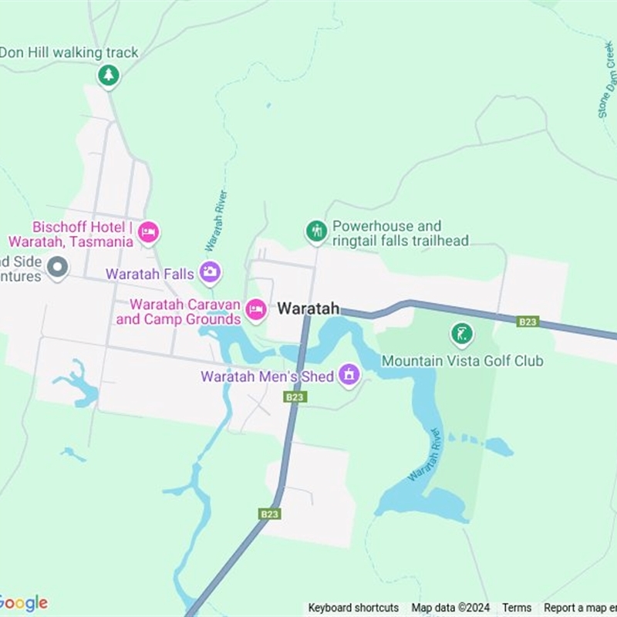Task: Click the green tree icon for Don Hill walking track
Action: click(x=109, y=75)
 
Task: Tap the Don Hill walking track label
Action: click(x=69, y=52)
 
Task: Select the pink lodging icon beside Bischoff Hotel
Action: click(x=148, y=231)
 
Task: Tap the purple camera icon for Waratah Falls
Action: click(x=210, y=271)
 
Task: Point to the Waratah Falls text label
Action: click(x=150, y=274)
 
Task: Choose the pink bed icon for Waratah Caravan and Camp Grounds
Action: click(x=256, y=310)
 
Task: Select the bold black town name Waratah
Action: click(x=308, y=308)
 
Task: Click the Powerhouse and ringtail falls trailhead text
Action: click(x=400, y=234)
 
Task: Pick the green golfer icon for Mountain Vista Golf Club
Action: click(x=461, y=334)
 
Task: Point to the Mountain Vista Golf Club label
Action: click(x=463, y=361)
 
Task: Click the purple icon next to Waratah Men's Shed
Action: click(x=349, y=376)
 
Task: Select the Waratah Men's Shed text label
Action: click(x=267, y=376)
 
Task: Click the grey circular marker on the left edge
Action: click(x=57, y=268)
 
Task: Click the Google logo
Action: click(x=23, y=603)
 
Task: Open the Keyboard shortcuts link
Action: click(x=353, y=608)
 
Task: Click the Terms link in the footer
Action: click(x=517, y=608)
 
